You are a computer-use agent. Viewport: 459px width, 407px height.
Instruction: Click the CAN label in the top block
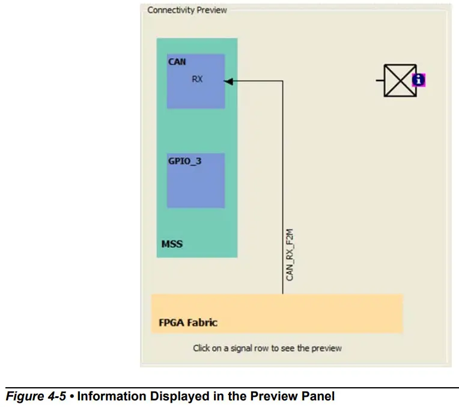tap(177, 62)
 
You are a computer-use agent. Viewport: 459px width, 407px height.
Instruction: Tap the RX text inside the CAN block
tap(197, 79)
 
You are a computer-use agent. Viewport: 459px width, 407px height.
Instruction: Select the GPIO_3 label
tap(184, 161)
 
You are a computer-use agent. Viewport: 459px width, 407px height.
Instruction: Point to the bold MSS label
tap(172, 244)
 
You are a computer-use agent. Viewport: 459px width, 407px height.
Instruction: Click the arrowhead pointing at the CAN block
tap(229, 81)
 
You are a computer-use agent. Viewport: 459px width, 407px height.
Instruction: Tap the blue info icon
tap(419, 80)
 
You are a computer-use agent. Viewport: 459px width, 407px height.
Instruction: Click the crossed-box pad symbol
tap(400, 80)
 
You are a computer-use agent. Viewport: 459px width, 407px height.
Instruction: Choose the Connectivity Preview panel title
tap(187, 10)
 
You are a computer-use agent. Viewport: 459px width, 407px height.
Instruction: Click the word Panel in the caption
tap(321, 396)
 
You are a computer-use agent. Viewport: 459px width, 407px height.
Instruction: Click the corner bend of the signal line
tap(282, 81)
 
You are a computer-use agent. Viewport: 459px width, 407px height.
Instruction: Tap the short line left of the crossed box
tap(380, 80)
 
